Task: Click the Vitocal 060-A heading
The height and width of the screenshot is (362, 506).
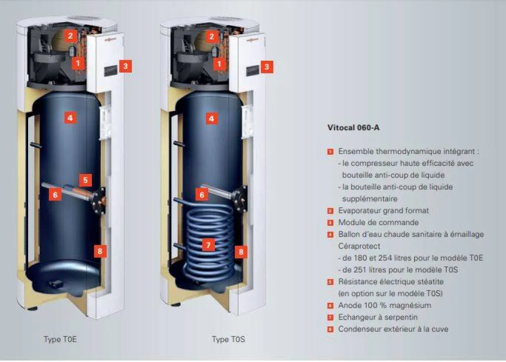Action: coord(353,127)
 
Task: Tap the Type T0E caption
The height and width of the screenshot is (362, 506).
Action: coord(60,340)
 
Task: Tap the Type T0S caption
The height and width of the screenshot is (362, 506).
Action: coord(228,340)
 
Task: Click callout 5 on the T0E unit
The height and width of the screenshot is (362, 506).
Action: coord(85,181)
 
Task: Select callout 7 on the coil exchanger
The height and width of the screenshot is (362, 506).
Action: coord(209,245)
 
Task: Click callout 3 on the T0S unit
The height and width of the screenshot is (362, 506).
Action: coord(267,67)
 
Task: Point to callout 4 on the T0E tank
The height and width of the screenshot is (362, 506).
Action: coord(70,118)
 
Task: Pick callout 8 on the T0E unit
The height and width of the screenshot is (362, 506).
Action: coord(100,251)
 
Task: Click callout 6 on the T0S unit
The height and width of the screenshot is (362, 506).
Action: coord(201,195)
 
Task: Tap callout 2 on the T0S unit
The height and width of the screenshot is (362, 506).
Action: coord(211,36)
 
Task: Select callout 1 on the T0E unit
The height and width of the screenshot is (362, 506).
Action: coord(78,63)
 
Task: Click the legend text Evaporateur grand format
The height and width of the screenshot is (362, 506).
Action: coord(383,210)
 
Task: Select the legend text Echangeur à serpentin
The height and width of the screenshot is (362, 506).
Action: coord(378,317)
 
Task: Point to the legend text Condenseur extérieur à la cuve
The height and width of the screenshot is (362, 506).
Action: coord(393,329)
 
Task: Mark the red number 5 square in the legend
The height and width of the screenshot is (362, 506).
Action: coord(330,282)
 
